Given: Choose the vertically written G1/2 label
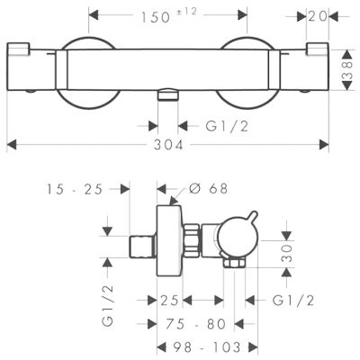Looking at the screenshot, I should click(x=109, y=307).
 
